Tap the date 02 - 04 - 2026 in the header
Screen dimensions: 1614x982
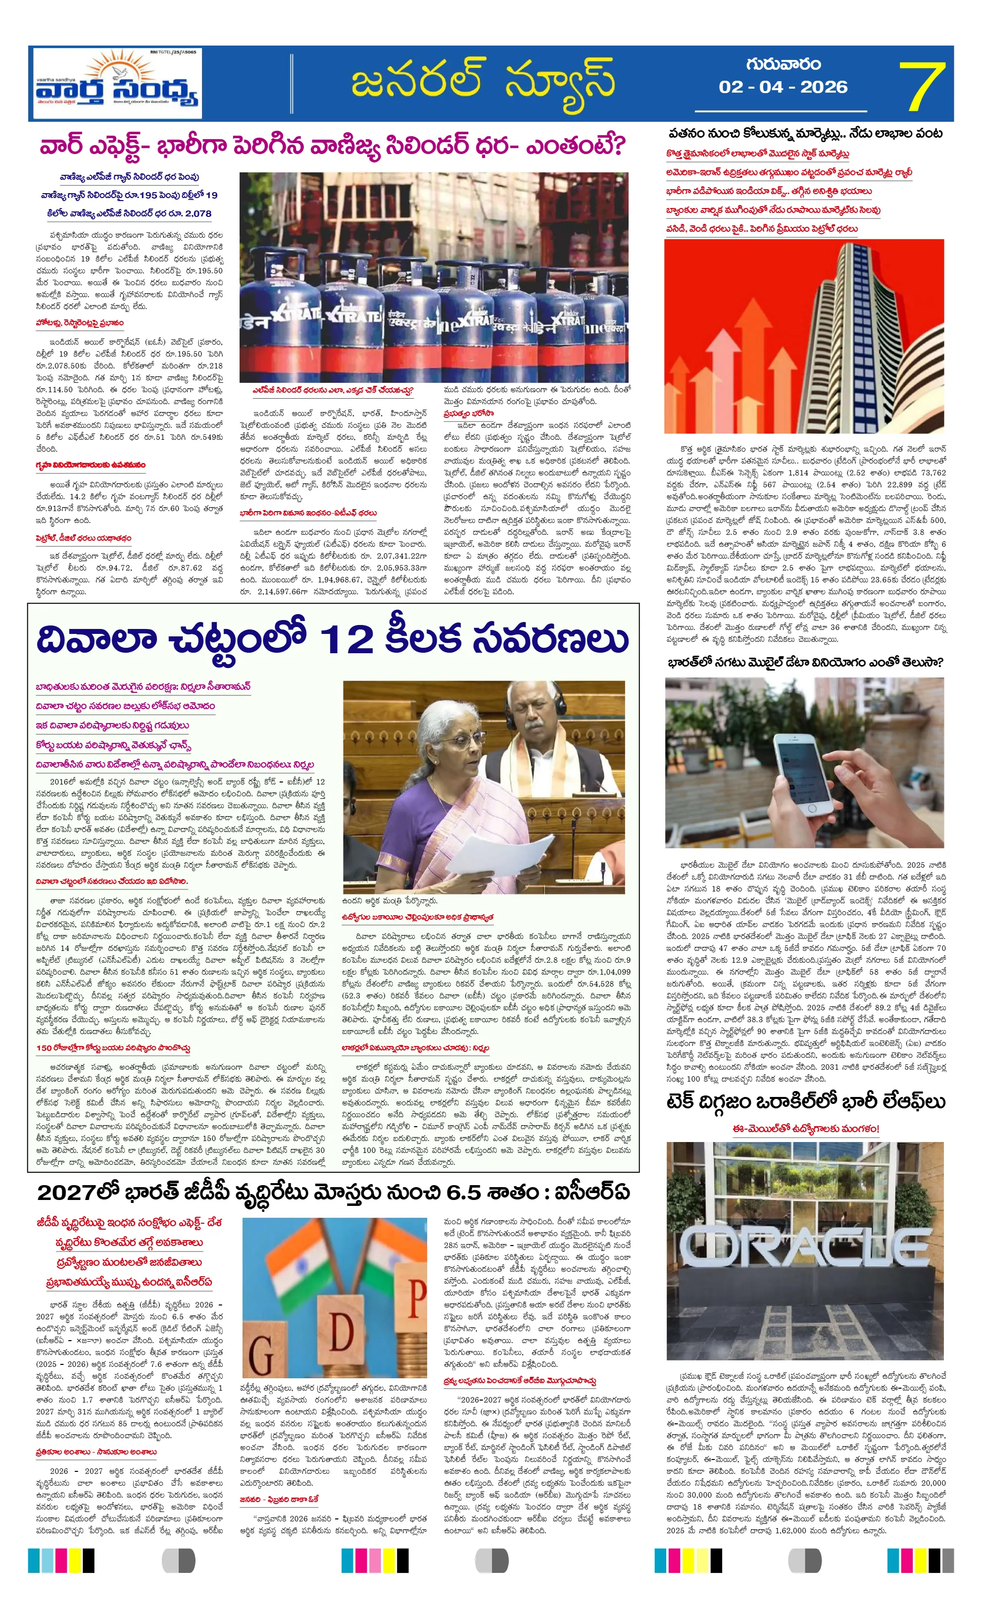pos(783,87)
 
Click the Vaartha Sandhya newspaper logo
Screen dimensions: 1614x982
pos(118,83)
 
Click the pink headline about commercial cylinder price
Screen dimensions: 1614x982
pos(333,146)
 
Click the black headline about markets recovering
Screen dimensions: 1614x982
pos(805,134)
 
